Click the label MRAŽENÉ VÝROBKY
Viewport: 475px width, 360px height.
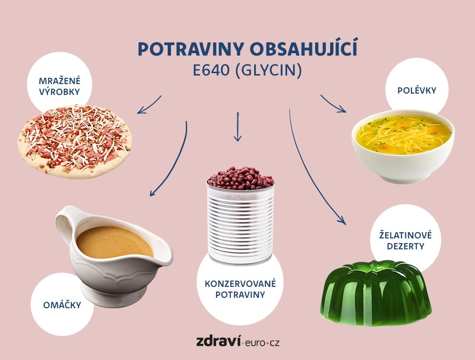[x=60, y=86]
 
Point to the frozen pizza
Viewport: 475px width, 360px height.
[x=75, y=142]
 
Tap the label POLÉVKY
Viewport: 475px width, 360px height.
[x=417, y=90]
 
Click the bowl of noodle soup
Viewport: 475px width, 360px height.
[x=403, y=146]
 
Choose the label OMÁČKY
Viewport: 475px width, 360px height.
[x=62, y=304]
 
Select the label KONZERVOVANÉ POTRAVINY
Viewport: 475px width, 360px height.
[x=240, y=289]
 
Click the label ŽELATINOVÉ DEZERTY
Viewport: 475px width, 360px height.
[x=405, y=241]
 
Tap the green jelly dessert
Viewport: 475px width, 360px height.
[x=376, y=293]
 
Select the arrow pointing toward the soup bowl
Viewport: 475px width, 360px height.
[x=333, y=104]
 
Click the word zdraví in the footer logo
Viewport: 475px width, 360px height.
[x=218, y=341]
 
